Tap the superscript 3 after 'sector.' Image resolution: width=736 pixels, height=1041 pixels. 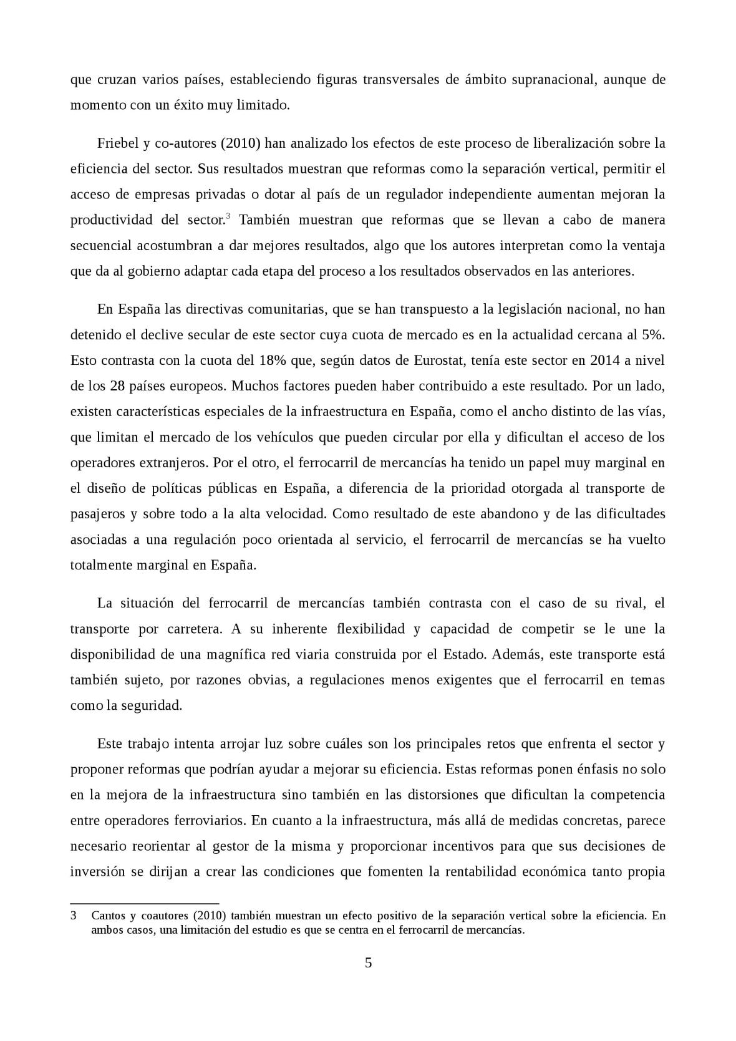(228, 216)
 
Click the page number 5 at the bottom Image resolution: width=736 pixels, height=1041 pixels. (368, 962)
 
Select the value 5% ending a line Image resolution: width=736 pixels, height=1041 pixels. (653, 335)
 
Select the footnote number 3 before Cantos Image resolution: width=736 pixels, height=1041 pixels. (74, 916)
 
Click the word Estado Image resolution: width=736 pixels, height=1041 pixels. (464, 654)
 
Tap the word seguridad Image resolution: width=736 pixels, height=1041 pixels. (153, 705)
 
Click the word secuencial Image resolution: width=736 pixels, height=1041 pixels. (101, 245)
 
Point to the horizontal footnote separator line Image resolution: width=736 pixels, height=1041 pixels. (144, 903)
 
